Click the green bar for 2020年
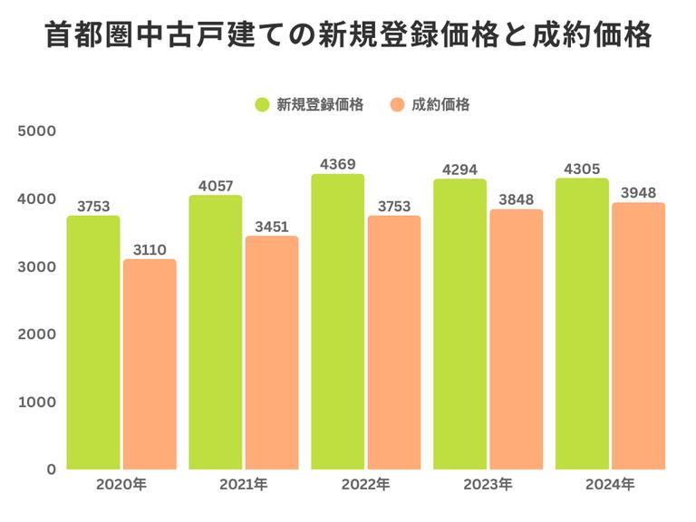[x=93, y=343]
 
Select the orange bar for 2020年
[x=150, y=364]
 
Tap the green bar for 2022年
[x=338, y=322]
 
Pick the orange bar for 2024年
[x=638, y=336]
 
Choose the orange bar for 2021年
[x=272, y=353]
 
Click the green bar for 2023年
[x=459, y=324]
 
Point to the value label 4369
[x=337, y=164]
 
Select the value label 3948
[x=638, y=192]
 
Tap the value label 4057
[x=216, y=186]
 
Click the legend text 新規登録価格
[x=320, y=104]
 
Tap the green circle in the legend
[x=262, y=104]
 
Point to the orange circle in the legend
[x=396, y=104]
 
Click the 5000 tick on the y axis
[x=39, y=130]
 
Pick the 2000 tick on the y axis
[x=39, y=333]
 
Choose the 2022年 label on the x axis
[x=365, y=485]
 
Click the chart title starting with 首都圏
[x=348, y=37]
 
